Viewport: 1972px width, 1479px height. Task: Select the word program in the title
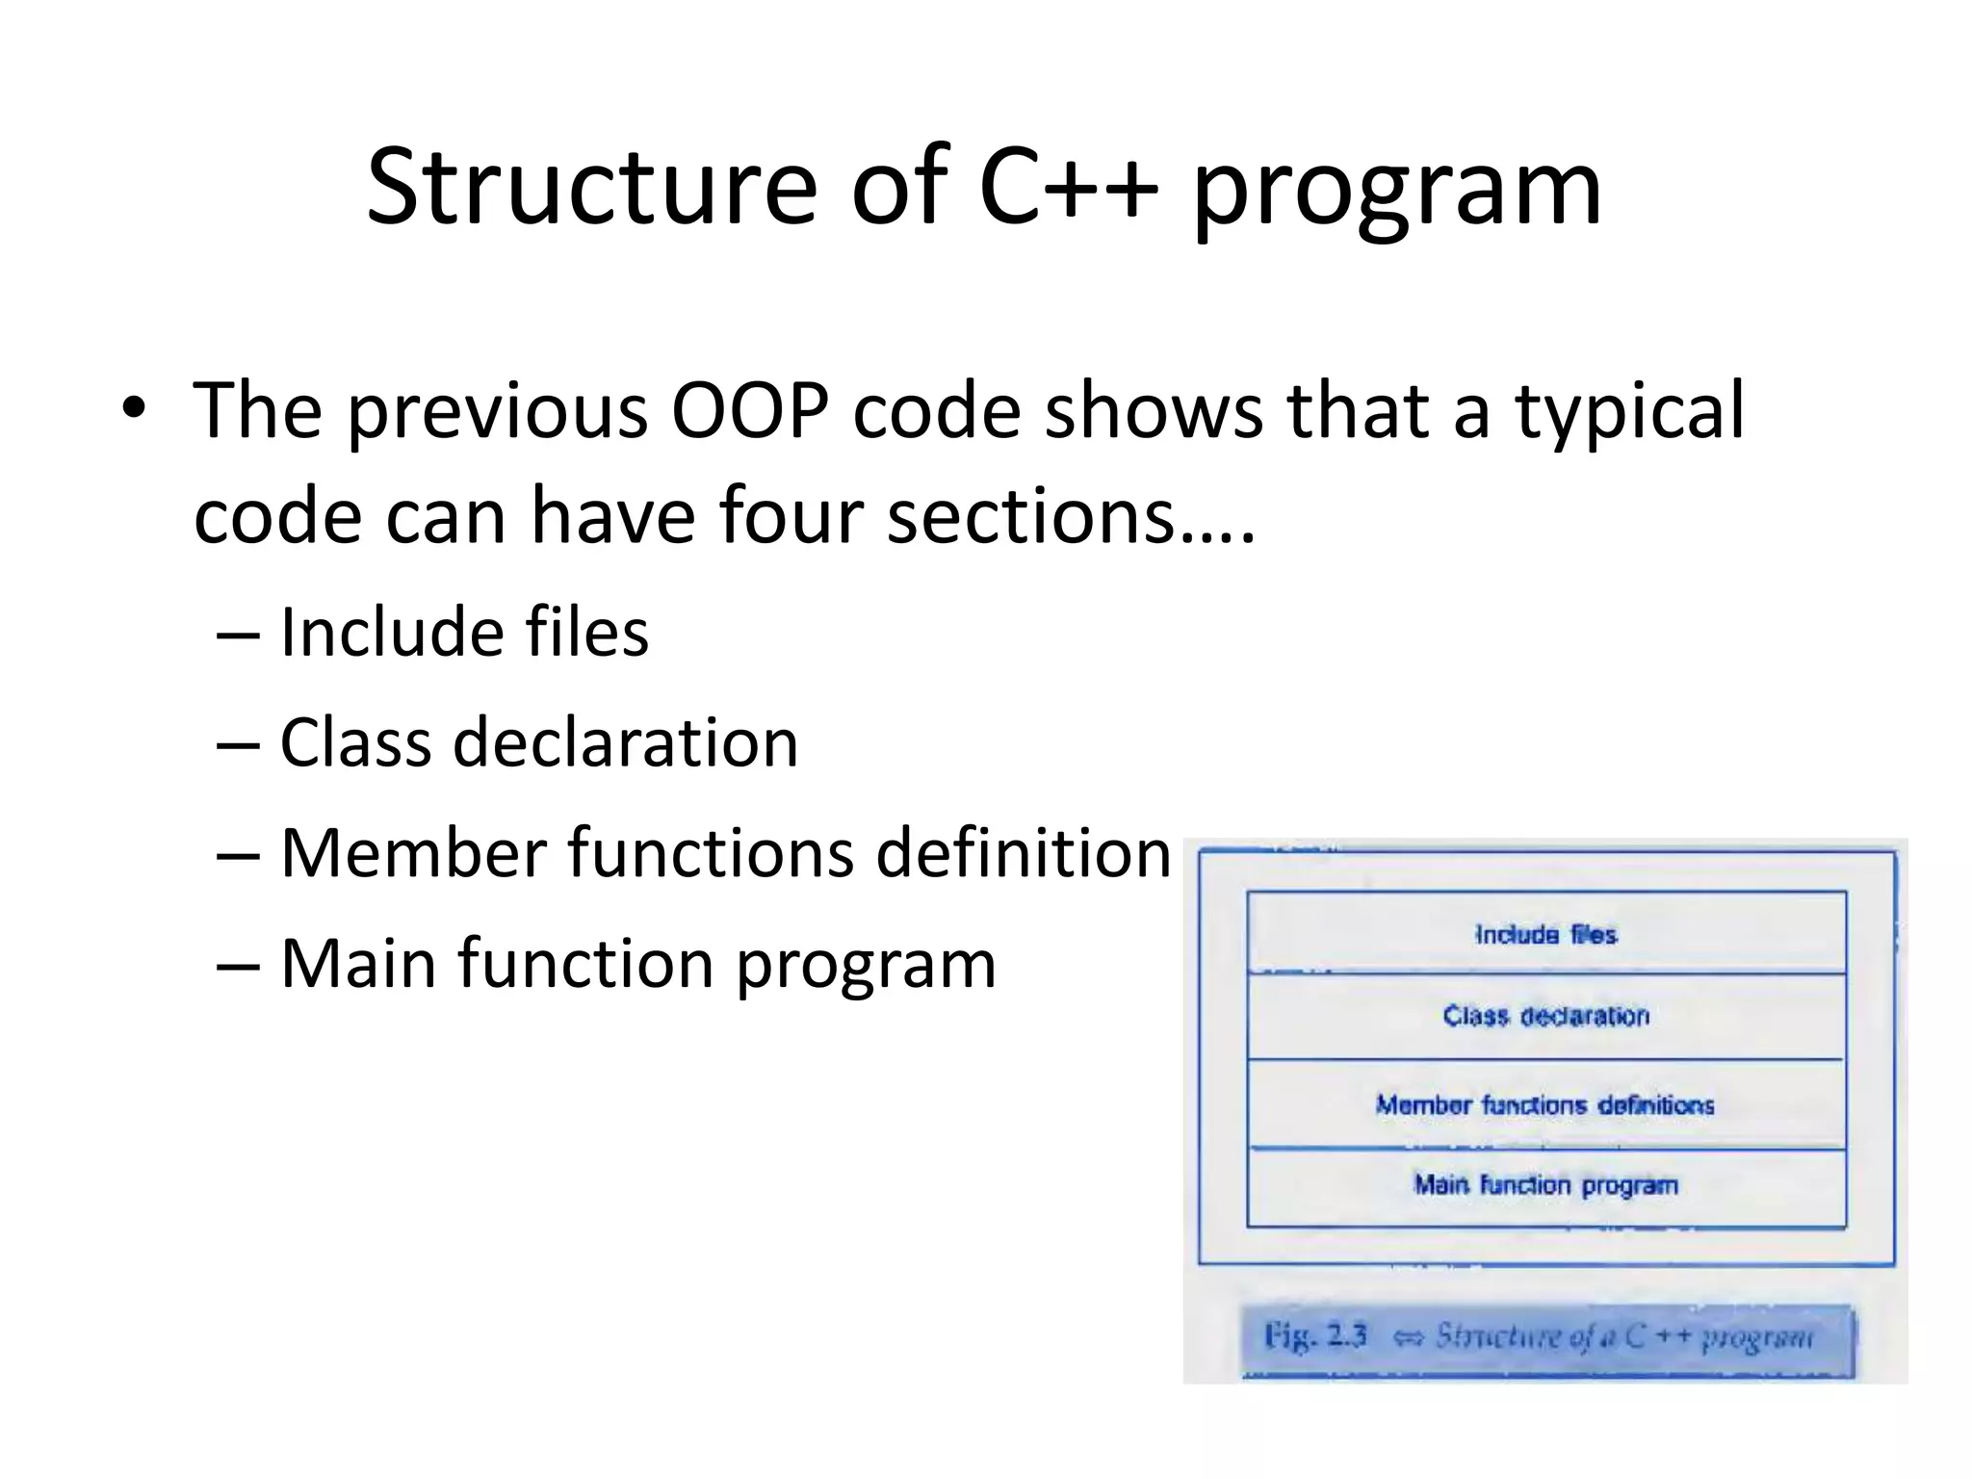tap(1397, 193)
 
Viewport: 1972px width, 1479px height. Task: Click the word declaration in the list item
tap(626, 743)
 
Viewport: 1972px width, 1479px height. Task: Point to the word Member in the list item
tap(413, 853)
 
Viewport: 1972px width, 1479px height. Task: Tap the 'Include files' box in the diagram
tap(1545, 934)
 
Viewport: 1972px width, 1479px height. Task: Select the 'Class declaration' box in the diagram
tap(1545, 1016)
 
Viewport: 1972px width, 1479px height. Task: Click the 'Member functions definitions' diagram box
tap(1545, 1104)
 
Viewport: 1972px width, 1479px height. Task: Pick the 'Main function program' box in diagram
tap(1545, 1185)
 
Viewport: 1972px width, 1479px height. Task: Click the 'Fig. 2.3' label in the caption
tap(1315, 1336)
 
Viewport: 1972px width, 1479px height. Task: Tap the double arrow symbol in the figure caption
tap(1408, 1337)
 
